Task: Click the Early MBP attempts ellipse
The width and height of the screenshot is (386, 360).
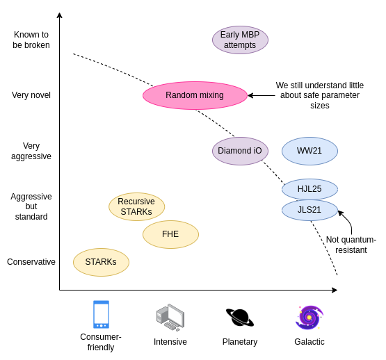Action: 240,40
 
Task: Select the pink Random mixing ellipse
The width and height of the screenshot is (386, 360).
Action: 195,95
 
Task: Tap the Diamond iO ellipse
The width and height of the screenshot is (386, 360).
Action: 240,151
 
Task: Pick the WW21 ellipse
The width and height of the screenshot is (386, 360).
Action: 309,151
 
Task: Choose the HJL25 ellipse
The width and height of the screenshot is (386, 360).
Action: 309,189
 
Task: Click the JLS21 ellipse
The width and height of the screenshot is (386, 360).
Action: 309,210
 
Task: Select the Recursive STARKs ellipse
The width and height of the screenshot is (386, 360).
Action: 136,206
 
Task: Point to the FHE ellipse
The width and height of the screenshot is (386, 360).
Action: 170,234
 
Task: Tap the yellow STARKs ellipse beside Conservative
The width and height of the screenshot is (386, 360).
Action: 101,262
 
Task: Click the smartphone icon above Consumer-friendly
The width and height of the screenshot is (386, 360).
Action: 101,314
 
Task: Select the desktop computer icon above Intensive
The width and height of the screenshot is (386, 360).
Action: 170,318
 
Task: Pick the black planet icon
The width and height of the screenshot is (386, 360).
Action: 240,318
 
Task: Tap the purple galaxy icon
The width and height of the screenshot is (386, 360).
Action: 309,318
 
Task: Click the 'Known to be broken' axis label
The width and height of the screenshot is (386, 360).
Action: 31,40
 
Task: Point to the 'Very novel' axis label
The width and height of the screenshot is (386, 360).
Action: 31,95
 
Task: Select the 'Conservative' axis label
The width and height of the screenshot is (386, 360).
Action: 31,262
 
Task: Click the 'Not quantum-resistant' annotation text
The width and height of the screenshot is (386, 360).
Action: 351,245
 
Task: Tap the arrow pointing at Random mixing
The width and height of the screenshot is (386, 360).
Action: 262,95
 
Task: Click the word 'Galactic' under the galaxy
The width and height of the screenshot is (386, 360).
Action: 309,342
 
